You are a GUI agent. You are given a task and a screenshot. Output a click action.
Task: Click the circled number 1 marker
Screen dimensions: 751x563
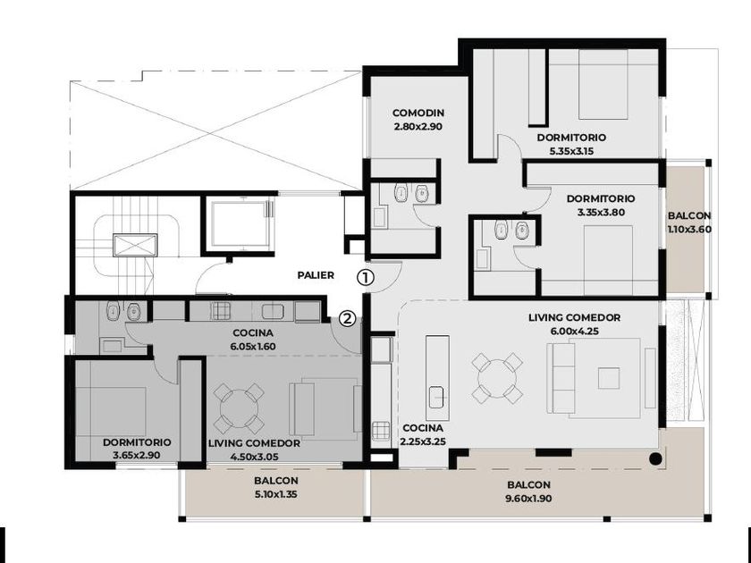(x=366, y=277)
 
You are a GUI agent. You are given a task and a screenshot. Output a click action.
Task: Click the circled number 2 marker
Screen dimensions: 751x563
(x=348, y=318)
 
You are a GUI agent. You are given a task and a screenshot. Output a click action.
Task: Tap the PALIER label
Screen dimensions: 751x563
(x=316, y=275)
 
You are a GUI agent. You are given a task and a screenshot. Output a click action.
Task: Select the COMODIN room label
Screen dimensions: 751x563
(x=418, y=113)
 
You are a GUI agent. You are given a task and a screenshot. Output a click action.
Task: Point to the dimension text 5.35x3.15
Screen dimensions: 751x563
(x=571, y=151)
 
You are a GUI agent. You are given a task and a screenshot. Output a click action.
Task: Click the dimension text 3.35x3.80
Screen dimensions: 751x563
(x=601, y=212)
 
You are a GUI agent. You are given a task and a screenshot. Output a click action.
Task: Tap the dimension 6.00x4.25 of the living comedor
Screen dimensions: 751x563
(x=574, y=331)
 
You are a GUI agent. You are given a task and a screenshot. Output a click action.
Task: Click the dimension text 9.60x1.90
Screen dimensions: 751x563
(x=528, y=499)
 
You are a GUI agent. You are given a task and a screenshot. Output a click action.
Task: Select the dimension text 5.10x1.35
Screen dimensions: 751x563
(x=276, y=494)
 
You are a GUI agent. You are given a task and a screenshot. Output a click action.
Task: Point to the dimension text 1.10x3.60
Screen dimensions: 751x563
(x=689, y=230)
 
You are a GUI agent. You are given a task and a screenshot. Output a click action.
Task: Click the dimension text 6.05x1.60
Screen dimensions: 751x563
(x=253, y=347)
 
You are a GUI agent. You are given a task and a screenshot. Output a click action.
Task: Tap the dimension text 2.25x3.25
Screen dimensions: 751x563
(x=423, y=441)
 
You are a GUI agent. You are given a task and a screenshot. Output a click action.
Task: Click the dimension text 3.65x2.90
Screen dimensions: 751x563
(x=137, y=456)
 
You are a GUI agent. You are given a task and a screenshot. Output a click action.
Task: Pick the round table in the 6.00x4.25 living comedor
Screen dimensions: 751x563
(x=497, y=379)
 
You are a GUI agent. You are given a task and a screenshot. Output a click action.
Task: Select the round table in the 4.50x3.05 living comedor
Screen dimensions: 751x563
(x=239, y=408)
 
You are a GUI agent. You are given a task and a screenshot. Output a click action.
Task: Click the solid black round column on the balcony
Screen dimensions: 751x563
(x=655, y=459)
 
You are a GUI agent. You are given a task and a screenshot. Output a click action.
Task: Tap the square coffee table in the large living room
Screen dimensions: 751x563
(x=608, y=378)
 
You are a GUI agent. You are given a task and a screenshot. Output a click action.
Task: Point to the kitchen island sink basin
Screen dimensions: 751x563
(x=436, y=398)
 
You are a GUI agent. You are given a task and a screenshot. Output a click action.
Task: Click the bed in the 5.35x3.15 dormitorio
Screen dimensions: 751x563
(x=603, y=85)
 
